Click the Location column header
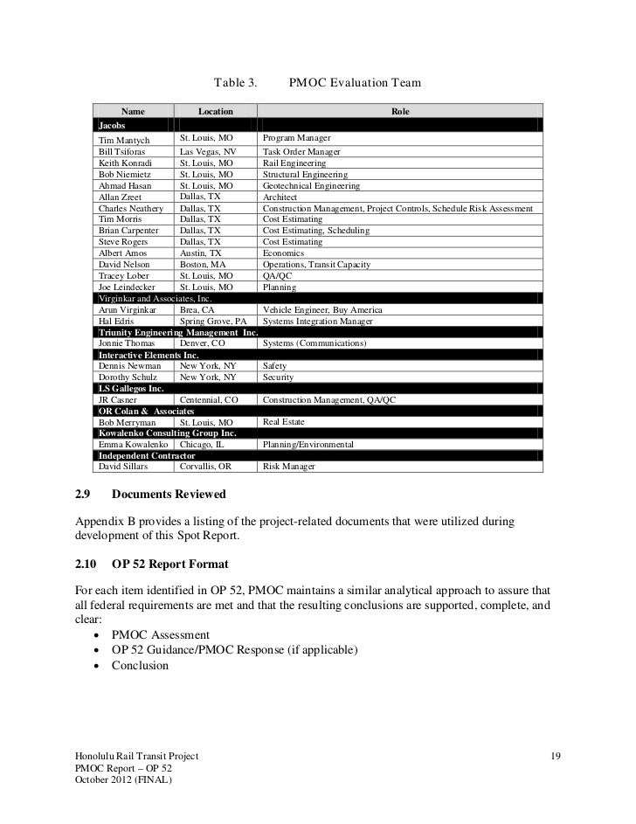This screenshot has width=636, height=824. pyautogui.click(x=215, y=112)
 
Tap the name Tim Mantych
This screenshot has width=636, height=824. pyautogui.click(x=125, y=140)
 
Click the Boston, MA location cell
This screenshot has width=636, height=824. pyautogui.click(x=203, y=264)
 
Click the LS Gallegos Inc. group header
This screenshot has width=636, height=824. pyautogui.click(x=131, y=388)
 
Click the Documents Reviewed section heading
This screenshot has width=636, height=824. pyautogui.click(x=169, y=495)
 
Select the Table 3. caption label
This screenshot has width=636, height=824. pyautogui.click(x=234, y=85)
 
